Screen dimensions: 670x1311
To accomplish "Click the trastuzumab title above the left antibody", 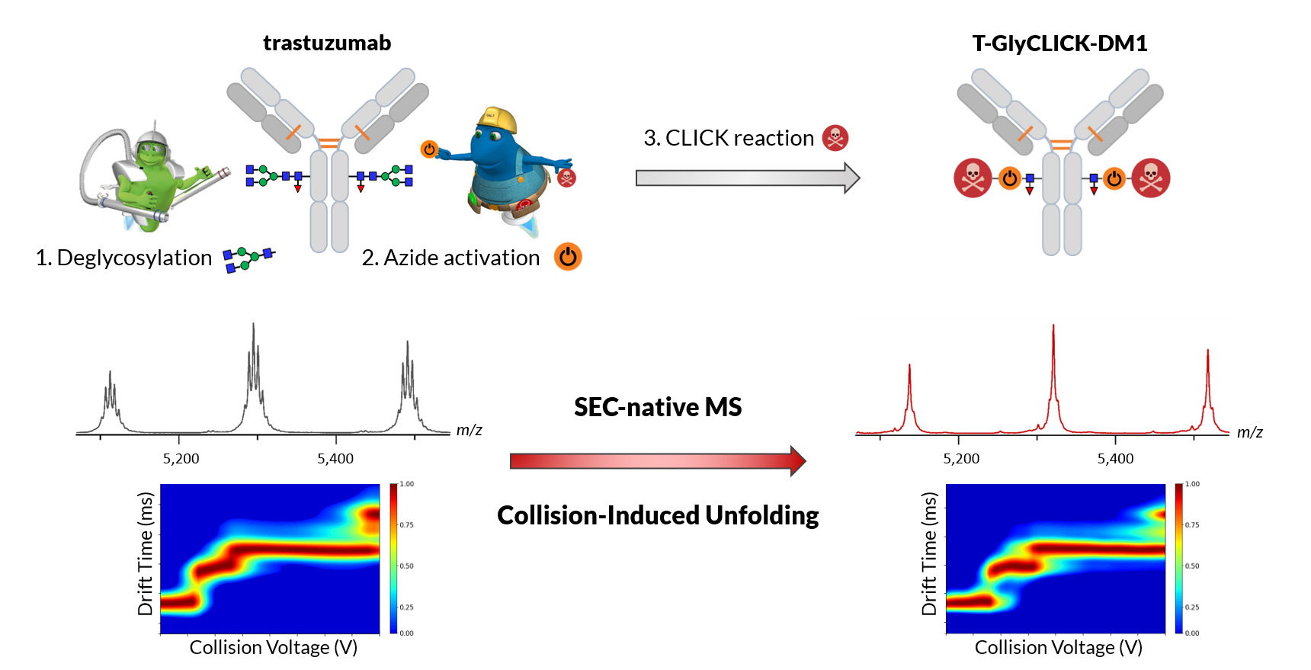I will (x=327, y=43).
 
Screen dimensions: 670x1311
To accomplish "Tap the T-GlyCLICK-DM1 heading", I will (x=1059, y=43).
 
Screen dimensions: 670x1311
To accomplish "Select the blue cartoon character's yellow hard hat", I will (x=497, y=120).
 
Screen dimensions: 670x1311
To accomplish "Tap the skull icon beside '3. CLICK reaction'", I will (x=835, y=138).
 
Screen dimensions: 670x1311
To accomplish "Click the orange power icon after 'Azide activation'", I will (x=568, y=257).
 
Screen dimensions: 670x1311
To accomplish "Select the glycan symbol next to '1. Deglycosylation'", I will (x=248, y=259).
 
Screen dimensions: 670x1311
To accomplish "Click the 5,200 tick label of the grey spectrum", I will (x=181, y=459).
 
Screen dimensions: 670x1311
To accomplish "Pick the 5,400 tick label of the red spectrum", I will (x=1115, y=459).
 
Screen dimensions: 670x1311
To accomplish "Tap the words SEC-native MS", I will (x=658, y=407).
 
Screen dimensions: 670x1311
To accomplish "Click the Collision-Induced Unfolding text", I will (x=658, y=515).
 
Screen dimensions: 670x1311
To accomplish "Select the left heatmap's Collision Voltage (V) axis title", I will (x=273, y=647).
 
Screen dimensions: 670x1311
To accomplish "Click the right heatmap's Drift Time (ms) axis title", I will (x=928, y=553).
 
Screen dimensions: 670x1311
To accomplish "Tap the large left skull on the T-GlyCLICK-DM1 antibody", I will (x=973, y=178).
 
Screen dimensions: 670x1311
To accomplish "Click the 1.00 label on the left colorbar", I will (x=407, y=484).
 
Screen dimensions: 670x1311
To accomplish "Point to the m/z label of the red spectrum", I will (x=1249, y=432).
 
